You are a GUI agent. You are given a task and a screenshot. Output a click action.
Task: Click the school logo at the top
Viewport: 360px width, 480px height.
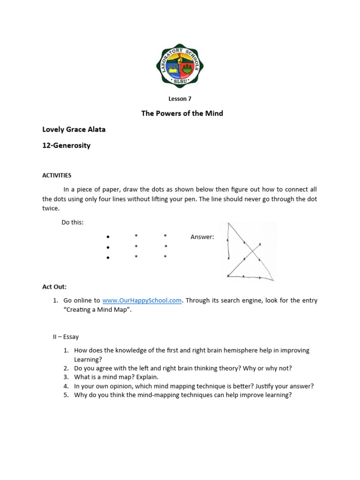pyautogui.click(x=180, y=66)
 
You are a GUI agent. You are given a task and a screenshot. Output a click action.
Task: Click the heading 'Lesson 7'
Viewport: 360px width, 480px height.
pyautogui.click(x=180, y=99)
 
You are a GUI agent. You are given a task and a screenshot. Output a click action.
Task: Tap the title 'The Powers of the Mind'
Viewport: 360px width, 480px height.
pyautogui.click(x=182, y=113)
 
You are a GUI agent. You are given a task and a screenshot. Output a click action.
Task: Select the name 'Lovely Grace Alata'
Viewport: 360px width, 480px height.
pyautogui.click(x=74, y=129)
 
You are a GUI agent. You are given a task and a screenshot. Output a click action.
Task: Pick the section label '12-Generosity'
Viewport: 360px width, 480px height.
pyautogui.click(x=67, y=145)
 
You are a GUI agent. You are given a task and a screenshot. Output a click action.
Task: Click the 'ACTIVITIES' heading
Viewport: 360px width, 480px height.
pyautogui.click(x=57, y=175)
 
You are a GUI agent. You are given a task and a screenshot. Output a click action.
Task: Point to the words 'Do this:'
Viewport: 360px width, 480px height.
pyautogui.click(x=73, y=222)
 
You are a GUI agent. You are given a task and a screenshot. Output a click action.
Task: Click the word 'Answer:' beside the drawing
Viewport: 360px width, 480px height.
pyautogui.click(x=202, y=237)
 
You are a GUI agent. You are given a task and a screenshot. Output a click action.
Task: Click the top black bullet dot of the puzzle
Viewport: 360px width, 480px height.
pyautogui.click(x=108, y=237)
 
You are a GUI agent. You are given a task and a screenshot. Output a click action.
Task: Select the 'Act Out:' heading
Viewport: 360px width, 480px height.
pyautogui.click(x=55, y=286)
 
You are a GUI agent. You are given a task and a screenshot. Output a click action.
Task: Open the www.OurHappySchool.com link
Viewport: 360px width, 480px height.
pyautogui.click(x=142, y=300)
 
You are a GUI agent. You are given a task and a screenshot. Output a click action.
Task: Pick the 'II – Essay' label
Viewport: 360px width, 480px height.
pyautogui.click(x=66, y=337)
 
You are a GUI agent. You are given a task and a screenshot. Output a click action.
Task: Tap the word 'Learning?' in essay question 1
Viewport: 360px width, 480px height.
pyautogui.click(x=88, y=359)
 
